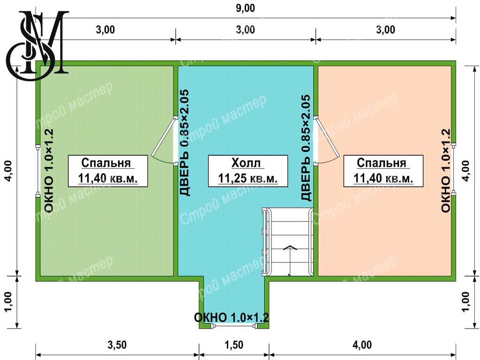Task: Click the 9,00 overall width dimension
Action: click(245, 8)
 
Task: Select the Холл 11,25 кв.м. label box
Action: click(247, 171)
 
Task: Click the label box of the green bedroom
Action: click(108, 171)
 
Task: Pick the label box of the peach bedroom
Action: click(383, 171)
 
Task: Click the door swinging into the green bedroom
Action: click(164, 140)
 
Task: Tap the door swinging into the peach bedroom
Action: click(327, 140)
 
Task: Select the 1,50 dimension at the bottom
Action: click(234, 345)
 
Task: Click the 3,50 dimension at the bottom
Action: click(117, 345)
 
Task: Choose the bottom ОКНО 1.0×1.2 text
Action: click(232, 317)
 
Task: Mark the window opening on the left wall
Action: click(37, 171)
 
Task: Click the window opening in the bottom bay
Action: click(234, 326)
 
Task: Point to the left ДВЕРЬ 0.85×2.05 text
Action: click(184, 142)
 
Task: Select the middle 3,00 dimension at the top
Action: click(245, 30)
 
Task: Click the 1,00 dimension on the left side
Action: click(8, 302)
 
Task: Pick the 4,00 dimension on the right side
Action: click(465, 171)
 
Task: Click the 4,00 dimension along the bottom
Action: click(362, 345)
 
